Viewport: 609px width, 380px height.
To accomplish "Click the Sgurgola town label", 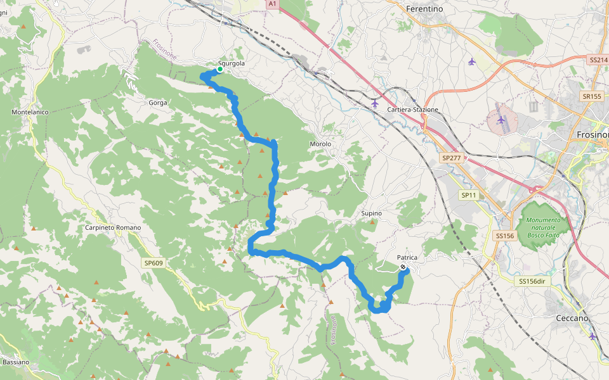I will pyautogui.click(x=231, y=64).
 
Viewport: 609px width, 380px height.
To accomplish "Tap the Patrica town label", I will pyautogui.click(x=407, y=257).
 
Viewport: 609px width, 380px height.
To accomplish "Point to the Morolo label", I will pyautogui.click(x=320, y=144).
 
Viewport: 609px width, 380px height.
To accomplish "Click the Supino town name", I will pyautogui.click(x=371, y=213).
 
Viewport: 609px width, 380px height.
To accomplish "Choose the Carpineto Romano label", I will pyautogui.click(x=113, y=227).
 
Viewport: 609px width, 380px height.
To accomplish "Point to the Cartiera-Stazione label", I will pyautogui.click(x=413, y=110).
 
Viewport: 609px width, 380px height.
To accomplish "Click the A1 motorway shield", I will pyautogui.click(x=272, y=4).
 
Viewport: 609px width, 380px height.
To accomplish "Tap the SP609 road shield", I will pyautogui.click(x=153, y=263).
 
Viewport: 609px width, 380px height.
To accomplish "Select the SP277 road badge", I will pyautogui.click(x=452, y=157).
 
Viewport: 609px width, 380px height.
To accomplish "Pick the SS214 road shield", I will pyautogui.click(x=598, y=60).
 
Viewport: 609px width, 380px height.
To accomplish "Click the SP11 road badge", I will pyautogui.click(x=468, y=196).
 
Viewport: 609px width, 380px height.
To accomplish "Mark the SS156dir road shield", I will pyautogui.click(x=532, y=281).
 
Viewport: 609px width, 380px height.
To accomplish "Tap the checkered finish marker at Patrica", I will pyautogui.click(x=403, y=267).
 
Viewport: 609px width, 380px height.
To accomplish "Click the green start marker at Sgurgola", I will pyautogui.click(x=219, y=70).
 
